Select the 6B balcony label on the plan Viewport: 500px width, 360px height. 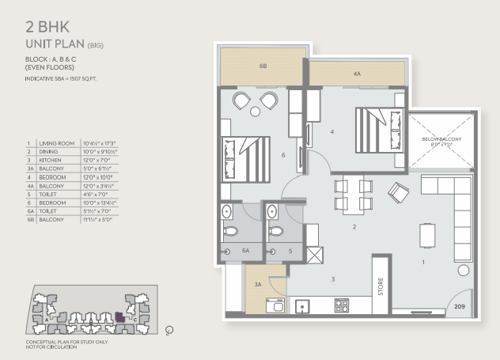(262, 67)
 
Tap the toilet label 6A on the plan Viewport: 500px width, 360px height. (245, 250)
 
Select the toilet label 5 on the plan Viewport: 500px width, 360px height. (290, 250)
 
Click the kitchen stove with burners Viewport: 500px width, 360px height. (343, 305)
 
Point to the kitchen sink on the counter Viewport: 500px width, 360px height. (301, 305)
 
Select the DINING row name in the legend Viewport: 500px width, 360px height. (47, 150)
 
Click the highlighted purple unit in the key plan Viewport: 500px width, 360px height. (119, 317)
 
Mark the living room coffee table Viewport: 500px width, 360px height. (428, 235)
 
